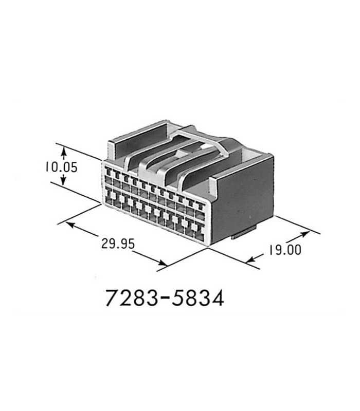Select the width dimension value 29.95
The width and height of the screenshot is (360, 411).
tap(118, 244)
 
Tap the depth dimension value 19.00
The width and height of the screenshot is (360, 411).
tap(284, 250)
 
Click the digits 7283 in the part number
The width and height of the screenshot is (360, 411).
tap(131, 298)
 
